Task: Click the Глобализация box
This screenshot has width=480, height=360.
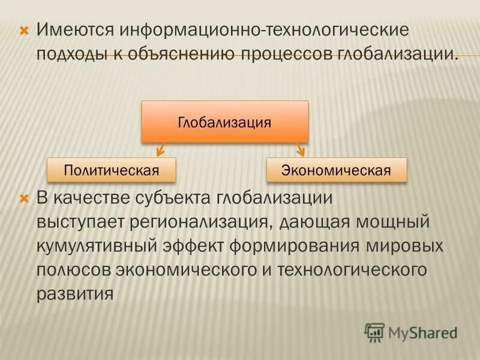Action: (x=224, y=122)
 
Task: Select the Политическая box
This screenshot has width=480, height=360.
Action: (x=111, y=170)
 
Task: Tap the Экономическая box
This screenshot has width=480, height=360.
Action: (x=336, y=170)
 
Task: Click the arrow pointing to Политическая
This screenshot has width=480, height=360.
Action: (x=160, y=149)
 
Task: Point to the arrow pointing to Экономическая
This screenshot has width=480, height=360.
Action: (x=300, y=149)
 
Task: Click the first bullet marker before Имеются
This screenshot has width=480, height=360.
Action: (x=25, y=29)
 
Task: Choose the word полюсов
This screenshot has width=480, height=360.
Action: (x=71, y=270)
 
